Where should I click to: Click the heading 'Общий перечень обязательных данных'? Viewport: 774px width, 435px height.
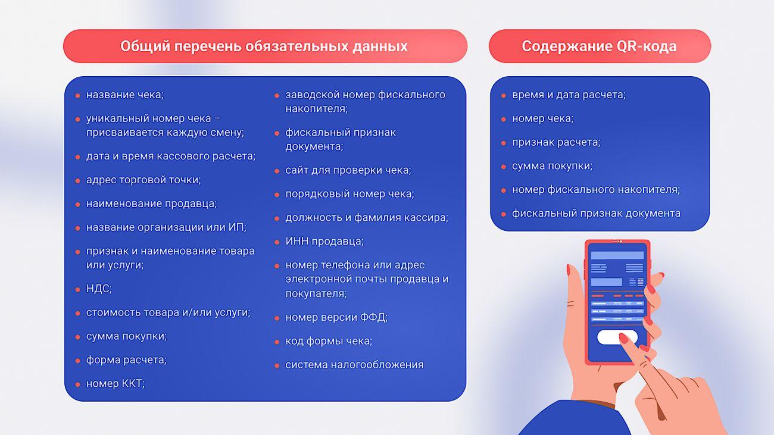tap(264, 46)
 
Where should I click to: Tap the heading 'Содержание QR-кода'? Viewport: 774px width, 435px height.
tap(599, 46)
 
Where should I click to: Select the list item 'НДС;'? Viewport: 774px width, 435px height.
tap(99, 289)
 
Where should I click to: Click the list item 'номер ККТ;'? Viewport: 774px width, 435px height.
tap(116, 384)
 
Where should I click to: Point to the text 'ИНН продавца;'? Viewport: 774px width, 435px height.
tap(324, 242)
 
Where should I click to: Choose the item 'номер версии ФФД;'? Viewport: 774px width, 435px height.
tap(336, 317)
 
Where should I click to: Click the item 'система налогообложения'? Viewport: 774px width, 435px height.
tap(354, 365)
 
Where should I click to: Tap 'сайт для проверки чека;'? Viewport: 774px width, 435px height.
tap(348, 170)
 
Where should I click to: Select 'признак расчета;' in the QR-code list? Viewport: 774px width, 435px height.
tap(556, 142)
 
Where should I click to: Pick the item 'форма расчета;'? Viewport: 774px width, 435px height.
tap(126, 360)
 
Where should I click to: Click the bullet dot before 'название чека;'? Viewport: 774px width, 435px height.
tap(78, 96)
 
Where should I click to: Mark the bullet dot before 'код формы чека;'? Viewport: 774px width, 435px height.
tap(277, 342)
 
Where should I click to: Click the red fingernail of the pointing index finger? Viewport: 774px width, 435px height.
tap(623, 339)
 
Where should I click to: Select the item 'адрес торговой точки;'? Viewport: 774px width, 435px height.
tap(143, 180)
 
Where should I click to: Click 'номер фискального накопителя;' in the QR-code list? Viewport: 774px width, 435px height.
tap(596, 190)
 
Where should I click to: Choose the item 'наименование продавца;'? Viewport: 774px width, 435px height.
tap(151, 204)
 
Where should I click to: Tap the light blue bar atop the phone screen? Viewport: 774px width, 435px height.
tap(617, 255)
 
